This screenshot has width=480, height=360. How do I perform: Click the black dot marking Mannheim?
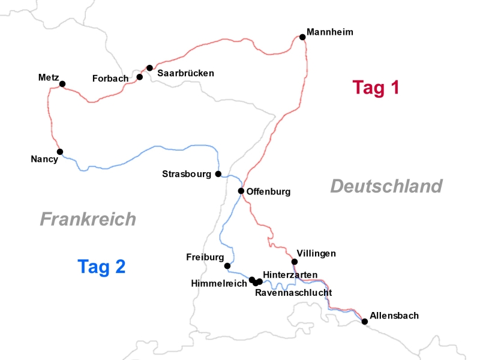pos(302,37)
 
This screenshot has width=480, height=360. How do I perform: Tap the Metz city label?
pos(48,77)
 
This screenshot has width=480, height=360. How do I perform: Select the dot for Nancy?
pos(60,152)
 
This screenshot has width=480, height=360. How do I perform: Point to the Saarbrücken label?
pos(186,73)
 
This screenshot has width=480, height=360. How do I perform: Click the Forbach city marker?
pos(140,77)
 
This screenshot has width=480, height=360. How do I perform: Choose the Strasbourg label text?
pos(187,174)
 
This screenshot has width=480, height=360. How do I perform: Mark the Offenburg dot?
pos(241,191)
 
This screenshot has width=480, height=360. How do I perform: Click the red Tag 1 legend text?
pos(376,88)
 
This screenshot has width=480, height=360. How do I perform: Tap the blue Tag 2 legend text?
pos(101,266)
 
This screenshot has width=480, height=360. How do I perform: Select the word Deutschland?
pos(386,187)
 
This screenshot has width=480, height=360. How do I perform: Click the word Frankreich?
pos(88,219)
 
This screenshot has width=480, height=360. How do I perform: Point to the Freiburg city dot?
pos(227,266)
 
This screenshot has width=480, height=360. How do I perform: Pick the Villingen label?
pos(316,253)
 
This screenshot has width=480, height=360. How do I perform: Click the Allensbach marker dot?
pos(365,322)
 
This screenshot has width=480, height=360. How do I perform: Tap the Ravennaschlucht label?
pos(293,293)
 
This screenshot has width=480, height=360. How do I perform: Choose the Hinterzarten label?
pos(290,274)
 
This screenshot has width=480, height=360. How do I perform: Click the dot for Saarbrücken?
pos(149,68)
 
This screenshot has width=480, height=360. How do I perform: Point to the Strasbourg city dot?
pos(218,174)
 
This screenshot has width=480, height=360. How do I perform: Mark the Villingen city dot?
pos(295,262)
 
